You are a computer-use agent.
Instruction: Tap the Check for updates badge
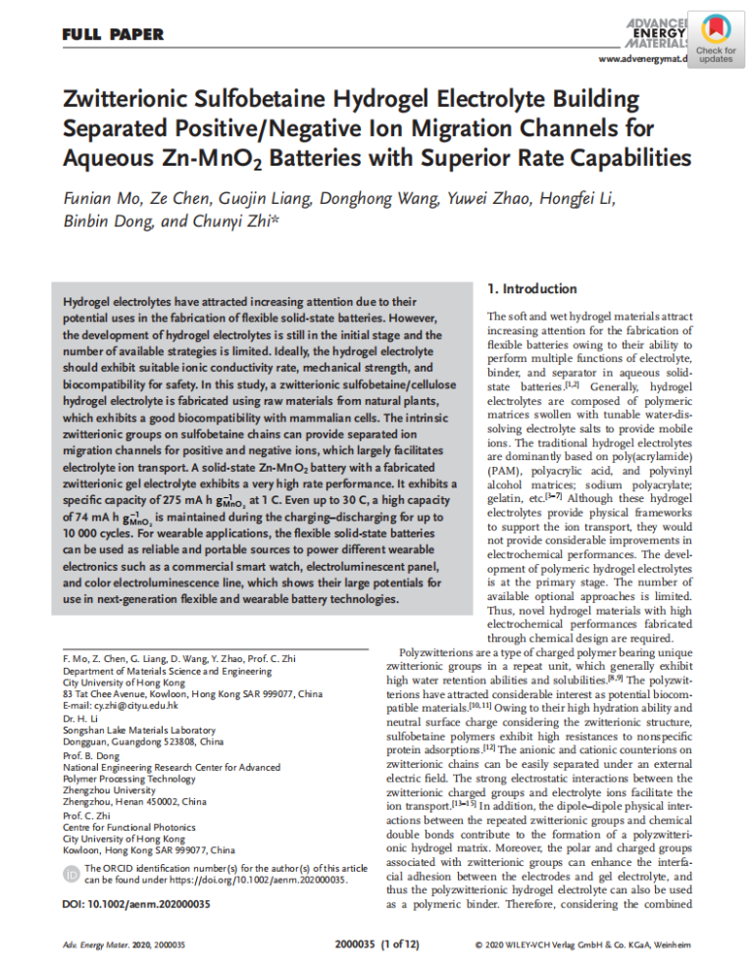click(715, 38)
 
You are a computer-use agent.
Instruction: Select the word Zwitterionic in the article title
click(128, 100)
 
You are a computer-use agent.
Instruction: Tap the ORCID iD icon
click(72, 874)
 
